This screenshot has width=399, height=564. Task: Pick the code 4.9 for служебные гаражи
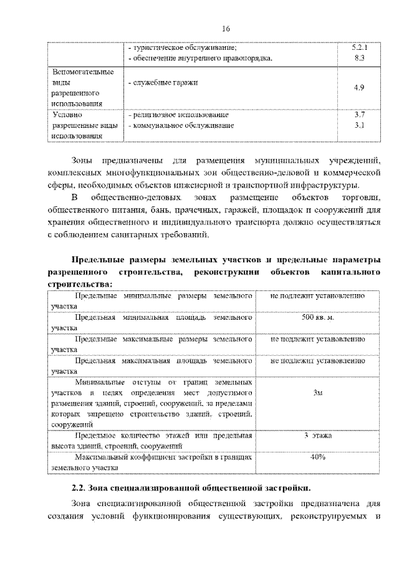358,88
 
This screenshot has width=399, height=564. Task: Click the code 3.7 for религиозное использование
358,115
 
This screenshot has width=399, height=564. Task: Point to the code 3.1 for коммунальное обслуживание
358,125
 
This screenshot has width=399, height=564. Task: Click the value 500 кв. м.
318,318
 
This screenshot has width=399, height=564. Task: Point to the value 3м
318,393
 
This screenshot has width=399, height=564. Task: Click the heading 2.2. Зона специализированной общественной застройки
190,485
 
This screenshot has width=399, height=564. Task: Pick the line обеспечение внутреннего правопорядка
199,58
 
